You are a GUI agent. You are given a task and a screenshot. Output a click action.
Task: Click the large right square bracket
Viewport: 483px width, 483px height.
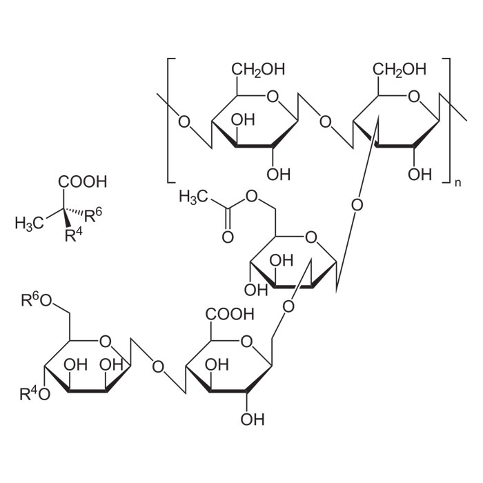(446, 121)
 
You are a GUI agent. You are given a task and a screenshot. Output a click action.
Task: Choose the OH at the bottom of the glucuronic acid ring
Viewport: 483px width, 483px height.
(254, 419)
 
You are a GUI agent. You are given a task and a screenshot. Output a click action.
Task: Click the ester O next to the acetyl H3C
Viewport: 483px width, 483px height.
(251, 198)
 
